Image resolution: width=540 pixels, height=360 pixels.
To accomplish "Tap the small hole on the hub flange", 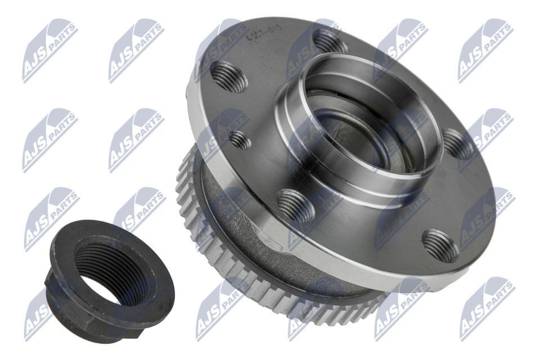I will pos(240,139).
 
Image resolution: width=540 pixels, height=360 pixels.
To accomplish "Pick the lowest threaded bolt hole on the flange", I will pos(440,245).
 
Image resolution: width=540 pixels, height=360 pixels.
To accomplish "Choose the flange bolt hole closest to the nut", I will pos(295,205).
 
